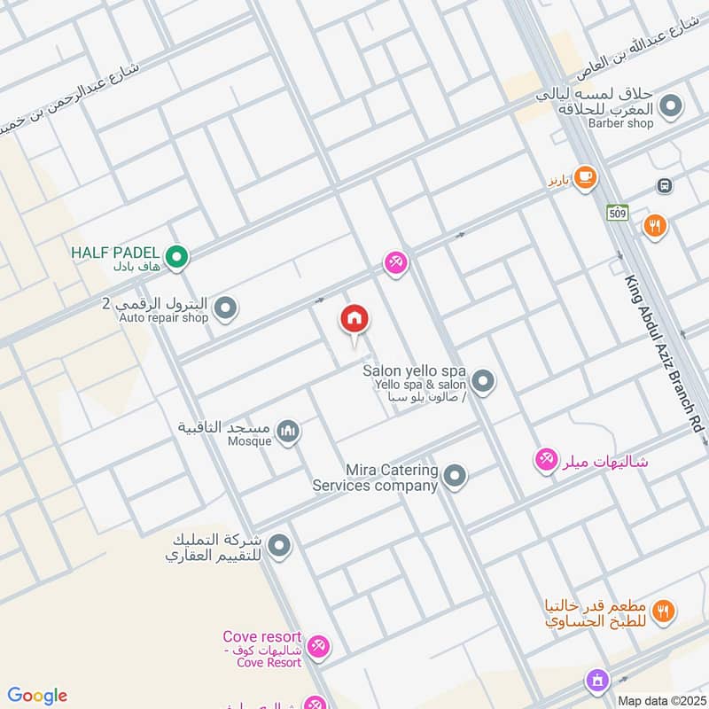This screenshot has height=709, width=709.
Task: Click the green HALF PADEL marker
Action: point(177,258)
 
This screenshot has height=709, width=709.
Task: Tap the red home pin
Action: point(354,320)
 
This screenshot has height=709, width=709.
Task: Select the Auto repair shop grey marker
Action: point(226,308)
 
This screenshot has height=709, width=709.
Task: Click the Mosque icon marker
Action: point(288,432)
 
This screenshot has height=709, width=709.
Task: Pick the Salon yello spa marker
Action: point(482,382)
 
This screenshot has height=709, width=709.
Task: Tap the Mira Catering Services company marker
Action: point(455,477)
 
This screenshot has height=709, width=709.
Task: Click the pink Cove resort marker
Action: point(319,647)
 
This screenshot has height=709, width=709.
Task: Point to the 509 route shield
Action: point(618,212)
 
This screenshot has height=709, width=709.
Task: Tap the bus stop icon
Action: point(664,185)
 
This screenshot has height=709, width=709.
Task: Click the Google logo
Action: point(37,696)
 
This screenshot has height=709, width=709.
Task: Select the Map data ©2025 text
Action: point(659,700)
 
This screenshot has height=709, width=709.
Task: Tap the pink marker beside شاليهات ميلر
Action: point(545,460)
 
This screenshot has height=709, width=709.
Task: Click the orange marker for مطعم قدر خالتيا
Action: point(662,611)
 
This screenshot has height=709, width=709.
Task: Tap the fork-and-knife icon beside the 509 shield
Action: point(655,226)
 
